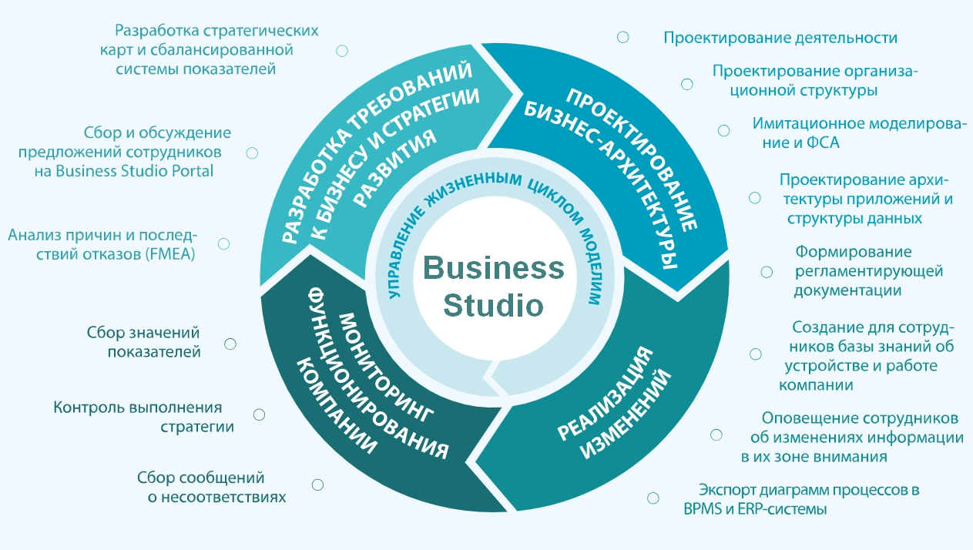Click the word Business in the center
[493, 269]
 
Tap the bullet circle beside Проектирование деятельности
[623, 37]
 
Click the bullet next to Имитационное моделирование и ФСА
[723, 131]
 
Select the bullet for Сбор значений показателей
[230, 344]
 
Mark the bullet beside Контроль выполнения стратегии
[259, 414]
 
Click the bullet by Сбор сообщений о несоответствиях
[317, 485]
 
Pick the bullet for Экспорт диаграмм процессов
[653, 498]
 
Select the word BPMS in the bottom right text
[703, 509]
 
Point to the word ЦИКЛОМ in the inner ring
[548, 200]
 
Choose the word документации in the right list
[847, 290]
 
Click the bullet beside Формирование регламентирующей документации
[767, 272]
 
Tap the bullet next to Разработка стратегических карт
[342, 51]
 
